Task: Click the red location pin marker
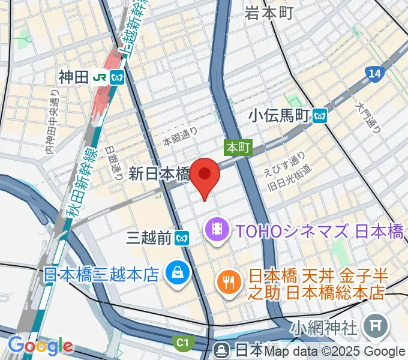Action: click(205, 175)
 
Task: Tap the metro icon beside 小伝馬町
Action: click(320, 115)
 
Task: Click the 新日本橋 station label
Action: click(158, 174)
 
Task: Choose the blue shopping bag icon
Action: click(178, 274)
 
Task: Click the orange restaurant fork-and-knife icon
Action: click(229, 281)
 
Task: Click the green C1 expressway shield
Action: click(182, 343)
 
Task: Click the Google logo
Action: click(40, 346)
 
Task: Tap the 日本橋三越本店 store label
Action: click(101, 274)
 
